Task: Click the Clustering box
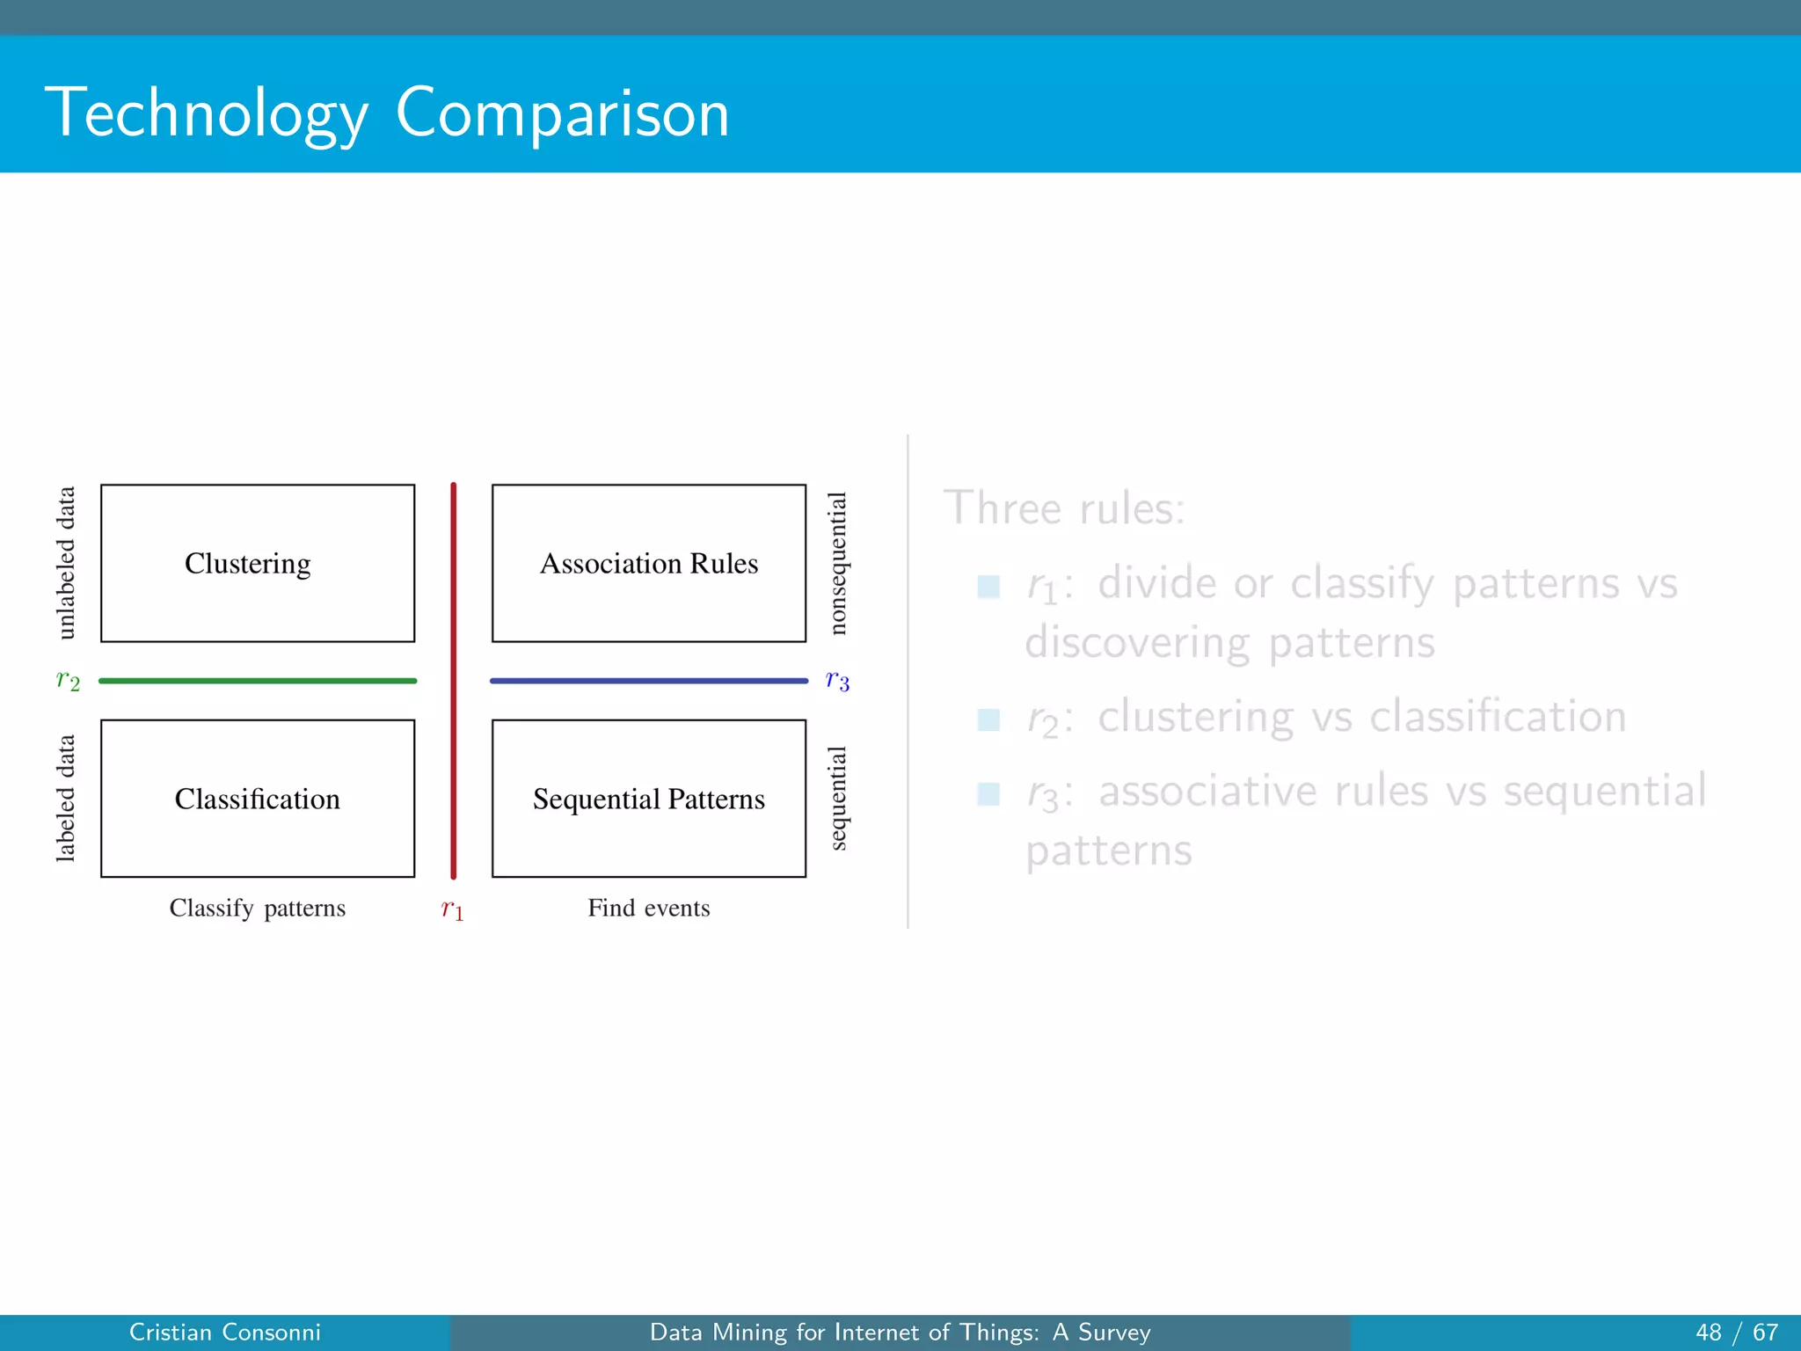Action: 258,563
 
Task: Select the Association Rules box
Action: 649,563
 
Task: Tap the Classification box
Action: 258,799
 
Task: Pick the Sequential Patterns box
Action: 649,799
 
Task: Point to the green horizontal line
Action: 258,681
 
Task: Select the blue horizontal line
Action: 649,681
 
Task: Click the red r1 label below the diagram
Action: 452,909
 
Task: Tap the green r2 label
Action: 68,681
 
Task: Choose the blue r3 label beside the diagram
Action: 837,681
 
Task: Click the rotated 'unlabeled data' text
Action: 66,563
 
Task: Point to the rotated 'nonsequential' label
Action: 838,563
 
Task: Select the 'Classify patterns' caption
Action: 258,908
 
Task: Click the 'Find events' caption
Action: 649,908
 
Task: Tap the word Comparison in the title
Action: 563,113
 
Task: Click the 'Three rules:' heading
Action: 1064,508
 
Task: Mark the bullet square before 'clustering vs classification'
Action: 988,719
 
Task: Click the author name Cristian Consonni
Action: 225,1333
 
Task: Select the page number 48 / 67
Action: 1737,1333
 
